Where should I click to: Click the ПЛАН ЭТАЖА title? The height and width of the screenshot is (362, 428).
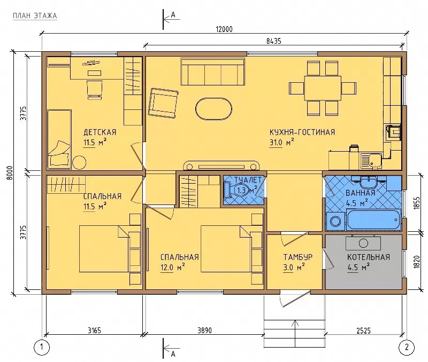point(35,16)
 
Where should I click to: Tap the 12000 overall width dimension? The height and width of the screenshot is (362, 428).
point(224,29)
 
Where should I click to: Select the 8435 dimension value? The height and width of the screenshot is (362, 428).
point(273,41)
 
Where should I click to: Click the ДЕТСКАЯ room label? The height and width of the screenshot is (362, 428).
point(100,132)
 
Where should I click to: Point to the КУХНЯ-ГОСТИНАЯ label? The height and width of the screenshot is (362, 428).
point(302,132)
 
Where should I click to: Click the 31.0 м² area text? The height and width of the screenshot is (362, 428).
point(282,142)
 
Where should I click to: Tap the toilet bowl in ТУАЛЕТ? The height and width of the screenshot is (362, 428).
point(235,190)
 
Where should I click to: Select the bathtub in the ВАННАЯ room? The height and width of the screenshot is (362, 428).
point(373,220)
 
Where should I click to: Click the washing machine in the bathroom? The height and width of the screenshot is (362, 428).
point(335,221)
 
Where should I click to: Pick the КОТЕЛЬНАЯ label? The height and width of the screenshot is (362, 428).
point(369,257)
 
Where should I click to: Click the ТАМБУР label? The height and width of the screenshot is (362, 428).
point(298,257)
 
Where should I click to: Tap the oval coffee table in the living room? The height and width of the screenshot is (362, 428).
point(213,109)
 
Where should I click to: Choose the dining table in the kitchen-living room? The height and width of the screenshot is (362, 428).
point(323,88)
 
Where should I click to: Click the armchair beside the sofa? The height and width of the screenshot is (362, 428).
point(163,103)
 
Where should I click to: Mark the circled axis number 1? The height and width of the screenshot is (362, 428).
point(42,347)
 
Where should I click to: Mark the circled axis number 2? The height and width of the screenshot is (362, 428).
point(407,347)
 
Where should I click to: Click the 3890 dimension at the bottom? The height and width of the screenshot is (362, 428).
point(204,330)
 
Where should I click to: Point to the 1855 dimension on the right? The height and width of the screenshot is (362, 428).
point(417,203)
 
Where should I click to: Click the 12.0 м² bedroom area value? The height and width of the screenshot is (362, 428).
point(172,267)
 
